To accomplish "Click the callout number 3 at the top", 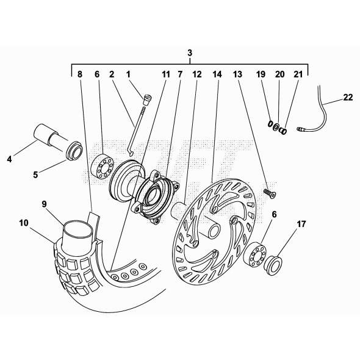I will coord(190,54).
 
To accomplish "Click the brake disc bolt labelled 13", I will coord(269,193).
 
